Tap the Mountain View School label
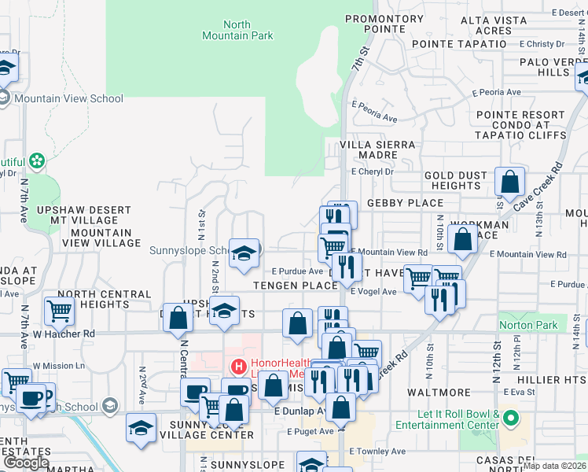68,98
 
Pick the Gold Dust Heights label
451,180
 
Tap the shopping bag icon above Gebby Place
510,183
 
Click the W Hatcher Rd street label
63,334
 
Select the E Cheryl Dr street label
372,171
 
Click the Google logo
25,462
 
